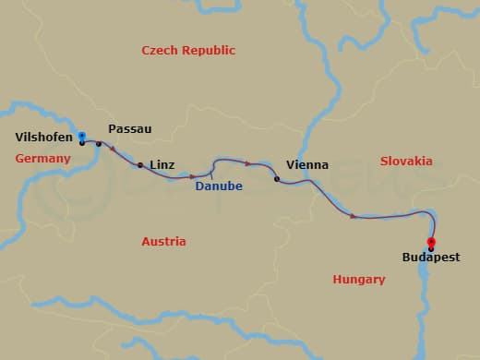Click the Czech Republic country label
tap(188, 51)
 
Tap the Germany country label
tap(42, 159)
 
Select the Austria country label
tap(163, 242)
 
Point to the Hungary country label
tap(358, 279)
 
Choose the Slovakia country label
tap(406, 161)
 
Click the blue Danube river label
tap(219, 186)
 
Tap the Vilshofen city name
tap(43, 138)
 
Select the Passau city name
tap(129, 129)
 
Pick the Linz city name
tap(161, 164)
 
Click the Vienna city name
tap(307, 165)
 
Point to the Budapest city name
tap(431, 259)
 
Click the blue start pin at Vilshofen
tap(82, 136)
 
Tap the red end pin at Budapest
tap(431, 242)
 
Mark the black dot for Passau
tap(99, 144)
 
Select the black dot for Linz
tap(139, 166)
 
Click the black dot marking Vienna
tap(277, 179)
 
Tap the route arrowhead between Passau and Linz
tap(114, 149)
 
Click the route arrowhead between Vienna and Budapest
tap(354, 216)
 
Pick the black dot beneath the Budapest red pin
tap(431, 249)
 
